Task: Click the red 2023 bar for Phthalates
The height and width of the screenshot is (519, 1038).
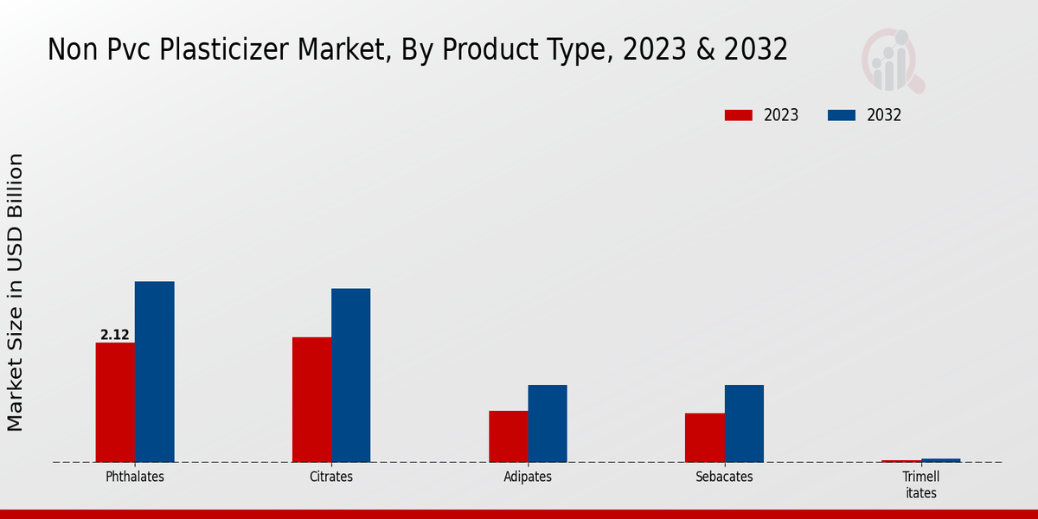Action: (115, 402)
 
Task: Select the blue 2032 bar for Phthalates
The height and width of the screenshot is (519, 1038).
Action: (154, 372)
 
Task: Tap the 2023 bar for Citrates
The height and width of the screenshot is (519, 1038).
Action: (311, 400)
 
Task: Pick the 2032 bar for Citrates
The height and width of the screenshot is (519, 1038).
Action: (350, 375)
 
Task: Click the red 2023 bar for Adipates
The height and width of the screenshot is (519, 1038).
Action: (508, 436)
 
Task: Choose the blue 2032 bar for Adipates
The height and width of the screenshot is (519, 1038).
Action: (548, 423)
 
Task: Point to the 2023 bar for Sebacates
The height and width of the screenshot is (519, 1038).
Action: (704, 438)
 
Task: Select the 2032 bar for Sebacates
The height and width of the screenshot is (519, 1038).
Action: (744, 423)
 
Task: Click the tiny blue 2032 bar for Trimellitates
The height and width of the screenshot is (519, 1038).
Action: (940, 460)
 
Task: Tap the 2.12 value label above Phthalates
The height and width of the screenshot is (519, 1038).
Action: (115, 335)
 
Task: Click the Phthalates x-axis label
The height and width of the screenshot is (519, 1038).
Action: (135, 477)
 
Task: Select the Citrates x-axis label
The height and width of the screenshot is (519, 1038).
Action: (331, 477)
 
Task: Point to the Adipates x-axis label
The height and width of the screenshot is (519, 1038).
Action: (528, 477)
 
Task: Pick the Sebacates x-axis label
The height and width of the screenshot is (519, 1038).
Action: (724, 477)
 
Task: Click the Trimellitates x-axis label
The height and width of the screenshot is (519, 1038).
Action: (920, 484)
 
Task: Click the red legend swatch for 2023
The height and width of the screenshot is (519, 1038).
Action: (739, 115)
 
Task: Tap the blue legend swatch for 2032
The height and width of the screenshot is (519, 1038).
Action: (842, 115)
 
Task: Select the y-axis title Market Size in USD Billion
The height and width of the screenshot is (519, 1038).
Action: (16, 292)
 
